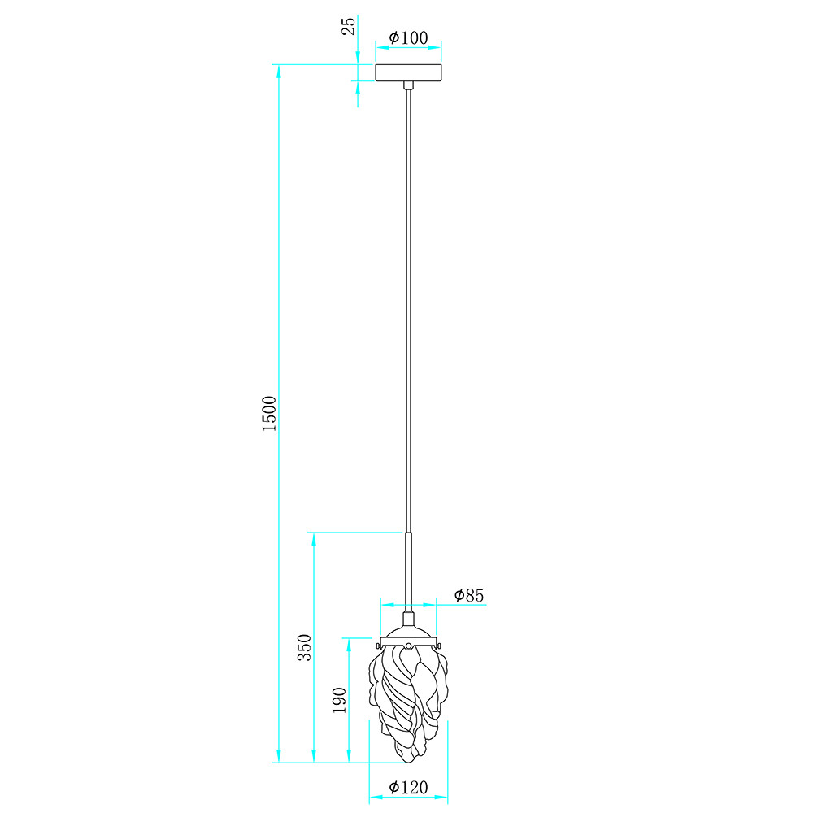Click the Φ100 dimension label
tap(409, 38)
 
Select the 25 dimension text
tap(349, 26)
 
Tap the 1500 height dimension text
tap(270, 413)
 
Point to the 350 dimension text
tap(304, 647)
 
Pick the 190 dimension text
tap(339, 700)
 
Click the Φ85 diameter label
tap(469, 595)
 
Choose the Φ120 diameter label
tap(409, 787)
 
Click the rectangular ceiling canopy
tap(409, 72)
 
